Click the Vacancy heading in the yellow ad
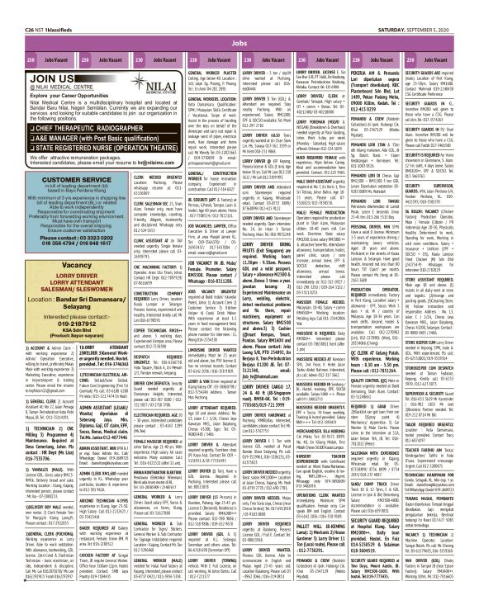[46, 268]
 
